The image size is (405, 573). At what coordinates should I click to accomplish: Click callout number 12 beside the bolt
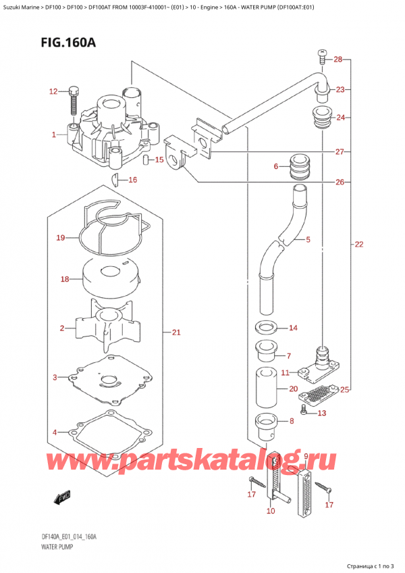53,91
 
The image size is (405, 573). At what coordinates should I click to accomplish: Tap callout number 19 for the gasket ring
60,238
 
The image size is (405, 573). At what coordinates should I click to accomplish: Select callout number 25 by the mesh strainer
346,390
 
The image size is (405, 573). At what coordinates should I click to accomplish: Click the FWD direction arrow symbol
63,499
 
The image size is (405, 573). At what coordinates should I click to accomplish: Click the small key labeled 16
116,179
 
